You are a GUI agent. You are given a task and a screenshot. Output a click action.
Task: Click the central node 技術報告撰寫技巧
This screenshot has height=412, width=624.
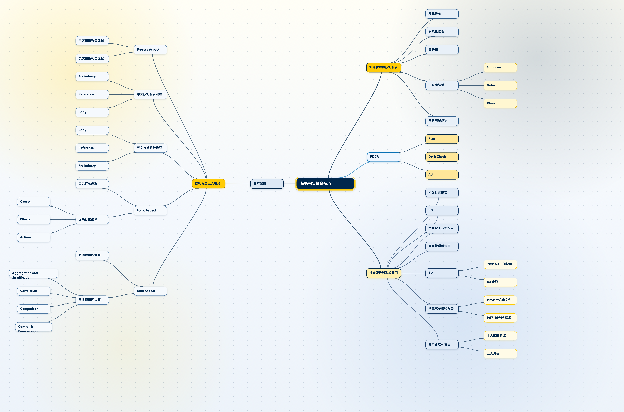pyautogui.click(x=325, y=183)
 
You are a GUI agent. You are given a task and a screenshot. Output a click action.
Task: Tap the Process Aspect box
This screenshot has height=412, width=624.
pyautogui.click(x=150, y=50)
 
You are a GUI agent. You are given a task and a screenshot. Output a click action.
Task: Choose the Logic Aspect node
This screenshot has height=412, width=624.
pyautogui.click(x=150, y=210)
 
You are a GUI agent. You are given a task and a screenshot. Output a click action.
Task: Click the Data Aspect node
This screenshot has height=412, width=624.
pyautogui.click(x=150, y=291)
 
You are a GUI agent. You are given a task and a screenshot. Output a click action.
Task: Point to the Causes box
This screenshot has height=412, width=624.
pyautogui.click(x=34, y=202)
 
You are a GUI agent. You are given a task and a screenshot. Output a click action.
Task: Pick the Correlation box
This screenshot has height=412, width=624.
pyautogui.click(x=34, y=291)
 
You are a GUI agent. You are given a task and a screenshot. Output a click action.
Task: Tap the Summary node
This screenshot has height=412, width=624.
pyautogui.click(x=500, y=68)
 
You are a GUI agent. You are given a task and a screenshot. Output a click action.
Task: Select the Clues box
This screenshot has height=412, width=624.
pyautogui.click(x=500, y=103)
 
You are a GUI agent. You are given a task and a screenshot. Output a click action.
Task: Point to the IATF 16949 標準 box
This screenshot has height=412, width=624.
pyautogui.click(x=500, y=318)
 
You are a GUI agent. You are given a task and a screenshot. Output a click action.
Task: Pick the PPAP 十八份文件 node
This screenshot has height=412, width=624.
pyautogui.click(x=500, y=300)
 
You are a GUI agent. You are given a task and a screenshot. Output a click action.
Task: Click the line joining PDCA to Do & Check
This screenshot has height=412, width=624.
pyautogui.click(x=413, y=157)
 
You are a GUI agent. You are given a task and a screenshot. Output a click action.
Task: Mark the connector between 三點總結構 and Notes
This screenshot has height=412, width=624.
pyautogui.click(x=471, y=85)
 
